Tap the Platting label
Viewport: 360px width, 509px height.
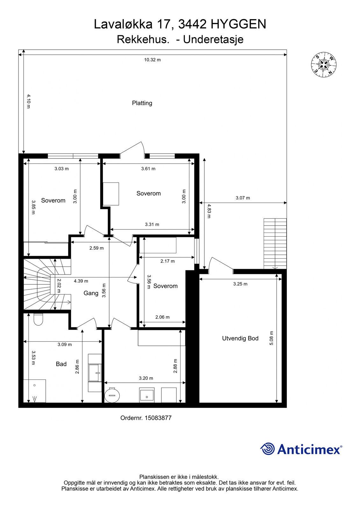coord(142,103)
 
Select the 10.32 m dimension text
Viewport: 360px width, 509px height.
coord(152,60)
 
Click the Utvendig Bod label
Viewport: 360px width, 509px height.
coord(240,338)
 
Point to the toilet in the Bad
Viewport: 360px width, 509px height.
coord(38,319)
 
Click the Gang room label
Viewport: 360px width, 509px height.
coord(91,293)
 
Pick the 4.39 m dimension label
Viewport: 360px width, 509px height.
coord(81,281)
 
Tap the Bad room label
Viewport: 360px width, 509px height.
coord(61,364)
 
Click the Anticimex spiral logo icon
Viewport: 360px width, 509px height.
coord(267,449)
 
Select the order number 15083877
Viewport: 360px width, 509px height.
coord(158,418)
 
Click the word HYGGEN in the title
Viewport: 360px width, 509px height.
coord(238,24)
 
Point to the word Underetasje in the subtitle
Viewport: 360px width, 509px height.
coord(213,39)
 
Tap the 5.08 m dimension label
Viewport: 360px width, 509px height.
coord(271,338)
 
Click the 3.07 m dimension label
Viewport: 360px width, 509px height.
coord(243,198)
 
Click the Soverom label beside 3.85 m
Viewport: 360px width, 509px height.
coord(53,200)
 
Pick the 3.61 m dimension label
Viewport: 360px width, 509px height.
coord(148,169)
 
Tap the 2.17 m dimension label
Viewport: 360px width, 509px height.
coord(168,261)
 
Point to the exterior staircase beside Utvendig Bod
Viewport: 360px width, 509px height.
coord(275,244)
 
